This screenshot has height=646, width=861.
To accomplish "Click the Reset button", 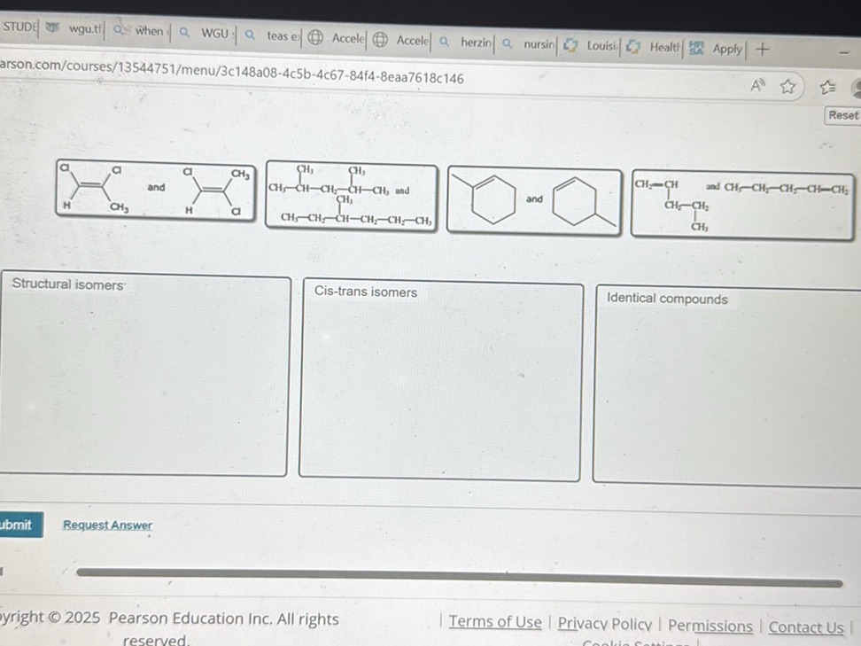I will (842, 115).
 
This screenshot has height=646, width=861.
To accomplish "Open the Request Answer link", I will (107, 525).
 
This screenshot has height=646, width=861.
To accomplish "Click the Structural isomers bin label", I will (67, 284).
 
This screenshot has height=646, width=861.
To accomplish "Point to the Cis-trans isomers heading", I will (365, 292).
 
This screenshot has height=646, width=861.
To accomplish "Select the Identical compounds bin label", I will (667, 299).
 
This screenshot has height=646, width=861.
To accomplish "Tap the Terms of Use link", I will (494, 622).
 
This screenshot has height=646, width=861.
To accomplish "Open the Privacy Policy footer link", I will (604, 624).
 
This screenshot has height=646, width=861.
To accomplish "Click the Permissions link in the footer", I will (710, 626).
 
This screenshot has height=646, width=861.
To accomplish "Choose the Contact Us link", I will (805, 627).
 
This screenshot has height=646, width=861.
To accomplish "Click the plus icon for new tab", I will (763, 50).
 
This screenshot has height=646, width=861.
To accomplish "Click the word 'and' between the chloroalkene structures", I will (156, 187).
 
